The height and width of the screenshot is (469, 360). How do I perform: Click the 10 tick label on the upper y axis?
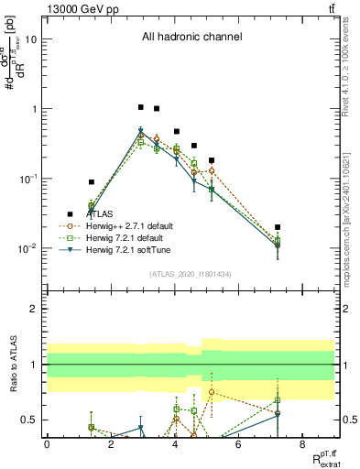pos(31,39)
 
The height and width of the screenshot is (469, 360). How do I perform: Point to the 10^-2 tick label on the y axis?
pos(27,248)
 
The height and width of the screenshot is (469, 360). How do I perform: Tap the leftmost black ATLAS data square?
pos(91,182)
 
